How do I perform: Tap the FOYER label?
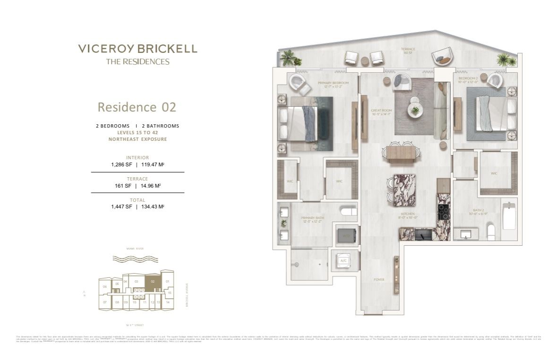click(378, 279)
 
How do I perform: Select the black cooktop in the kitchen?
click(444, 212)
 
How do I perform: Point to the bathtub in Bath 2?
click(509, 216)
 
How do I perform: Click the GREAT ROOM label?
click(381, 112)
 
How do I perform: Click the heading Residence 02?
click(137, 107)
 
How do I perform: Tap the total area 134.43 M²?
click(152, 207)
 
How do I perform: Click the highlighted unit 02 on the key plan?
click(152, 281)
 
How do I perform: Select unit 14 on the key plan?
click(168, 302)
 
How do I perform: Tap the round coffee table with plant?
click(415, 111)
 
